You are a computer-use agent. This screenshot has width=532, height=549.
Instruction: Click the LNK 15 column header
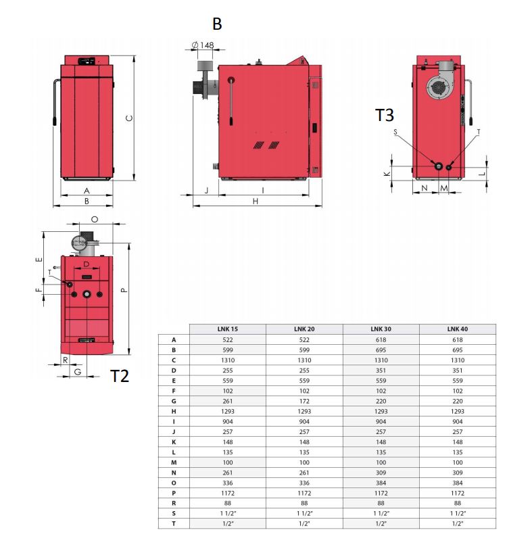click(x=228, y=329)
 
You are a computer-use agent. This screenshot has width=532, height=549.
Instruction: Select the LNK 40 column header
click(x=457, y=329)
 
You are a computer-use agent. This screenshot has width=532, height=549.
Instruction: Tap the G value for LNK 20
click(x=304, y=401)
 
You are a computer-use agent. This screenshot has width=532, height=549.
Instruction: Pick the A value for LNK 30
click(x=381, y=339)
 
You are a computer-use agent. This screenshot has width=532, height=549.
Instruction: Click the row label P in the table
click(x=174, y=493)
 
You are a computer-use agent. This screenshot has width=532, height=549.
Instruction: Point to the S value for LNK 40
click(x=457, y=513)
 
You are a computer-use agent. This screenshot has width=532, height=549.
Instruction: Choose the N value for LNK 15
click(x=228, y=473)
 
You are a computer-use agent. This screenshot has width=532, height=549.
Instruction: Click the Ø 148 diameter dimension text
click(x=203, y=45)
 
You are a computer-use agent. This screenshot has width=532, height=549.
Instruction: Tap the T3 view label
click(x=385, y=115)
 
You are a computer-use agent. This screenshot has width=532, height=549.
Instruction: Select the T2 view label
click(x=120, y=376)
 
